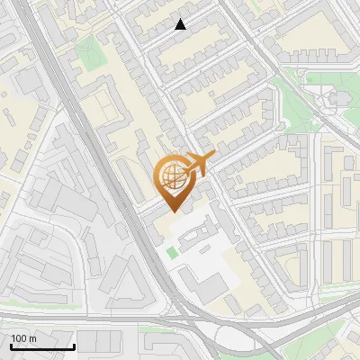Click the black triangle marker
point(181,24)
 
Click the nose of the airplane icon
point(214,157)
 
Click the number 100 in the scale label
point(19,338)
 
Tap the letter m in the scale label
point(32,338)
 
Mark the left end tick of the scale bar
point(10,346)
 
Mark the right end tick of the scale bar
point(74,346)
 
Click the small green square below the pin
point(172,252)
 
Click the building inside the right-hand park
point(337,98)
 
